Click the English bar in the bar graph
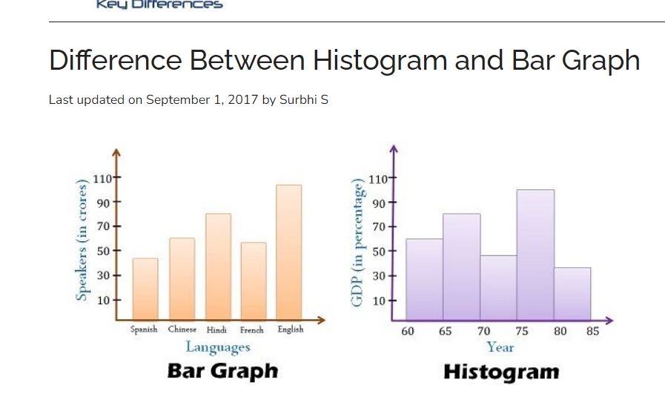[x=288, y=252]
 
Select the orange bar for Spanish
[x=145, y=289]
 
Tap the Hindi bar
[x=218, y=266]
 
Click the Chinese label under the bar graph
[x=182, y=329]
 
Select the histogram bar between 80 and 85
[x=572, y=293]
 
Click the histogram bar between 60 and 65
[x=424, y=279]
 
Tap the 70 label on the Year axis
[x=483, y=332]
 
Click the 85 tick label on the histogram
[x=592, y=332]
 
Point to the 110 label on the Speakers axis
[x=102, y=179]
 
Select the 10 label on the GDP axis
[x=378, y=301]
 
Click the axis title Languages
[x=218, y=346]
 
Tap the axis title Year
[x=500, y=346]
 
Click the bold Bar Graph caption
[x=222, y=371]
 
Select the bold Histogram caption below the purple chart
[x=501, y=372]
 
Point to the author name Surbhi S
[x=303, y=99]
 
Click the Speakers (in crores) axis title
[x=83, y=241]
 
